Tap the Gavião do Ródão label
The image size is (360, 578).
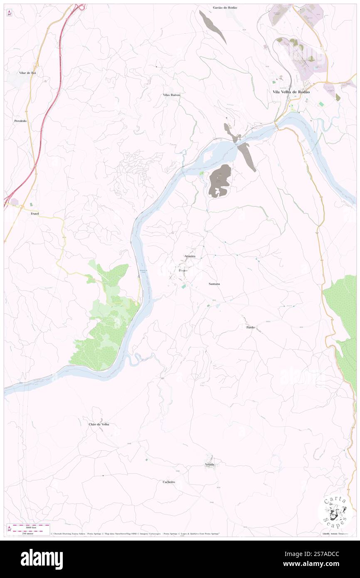point(225,7)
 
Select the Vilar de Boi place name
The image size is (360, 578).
point(27,73)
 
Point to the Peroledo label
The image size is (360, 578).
point(20,121)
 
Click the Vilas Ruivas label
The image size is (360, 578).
point(171,95)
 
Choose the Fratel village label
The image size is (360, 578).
point(35,213)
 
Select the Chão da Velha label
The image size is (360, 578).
point(99,424)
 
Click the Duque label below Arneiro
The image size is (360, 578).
point(183,270)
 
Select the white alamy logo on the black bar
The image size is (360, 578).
point(42,559)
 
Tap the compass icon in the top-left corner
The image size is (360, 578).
point(9,13)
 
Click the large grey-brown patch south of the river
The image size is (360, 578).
point(219,181)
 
